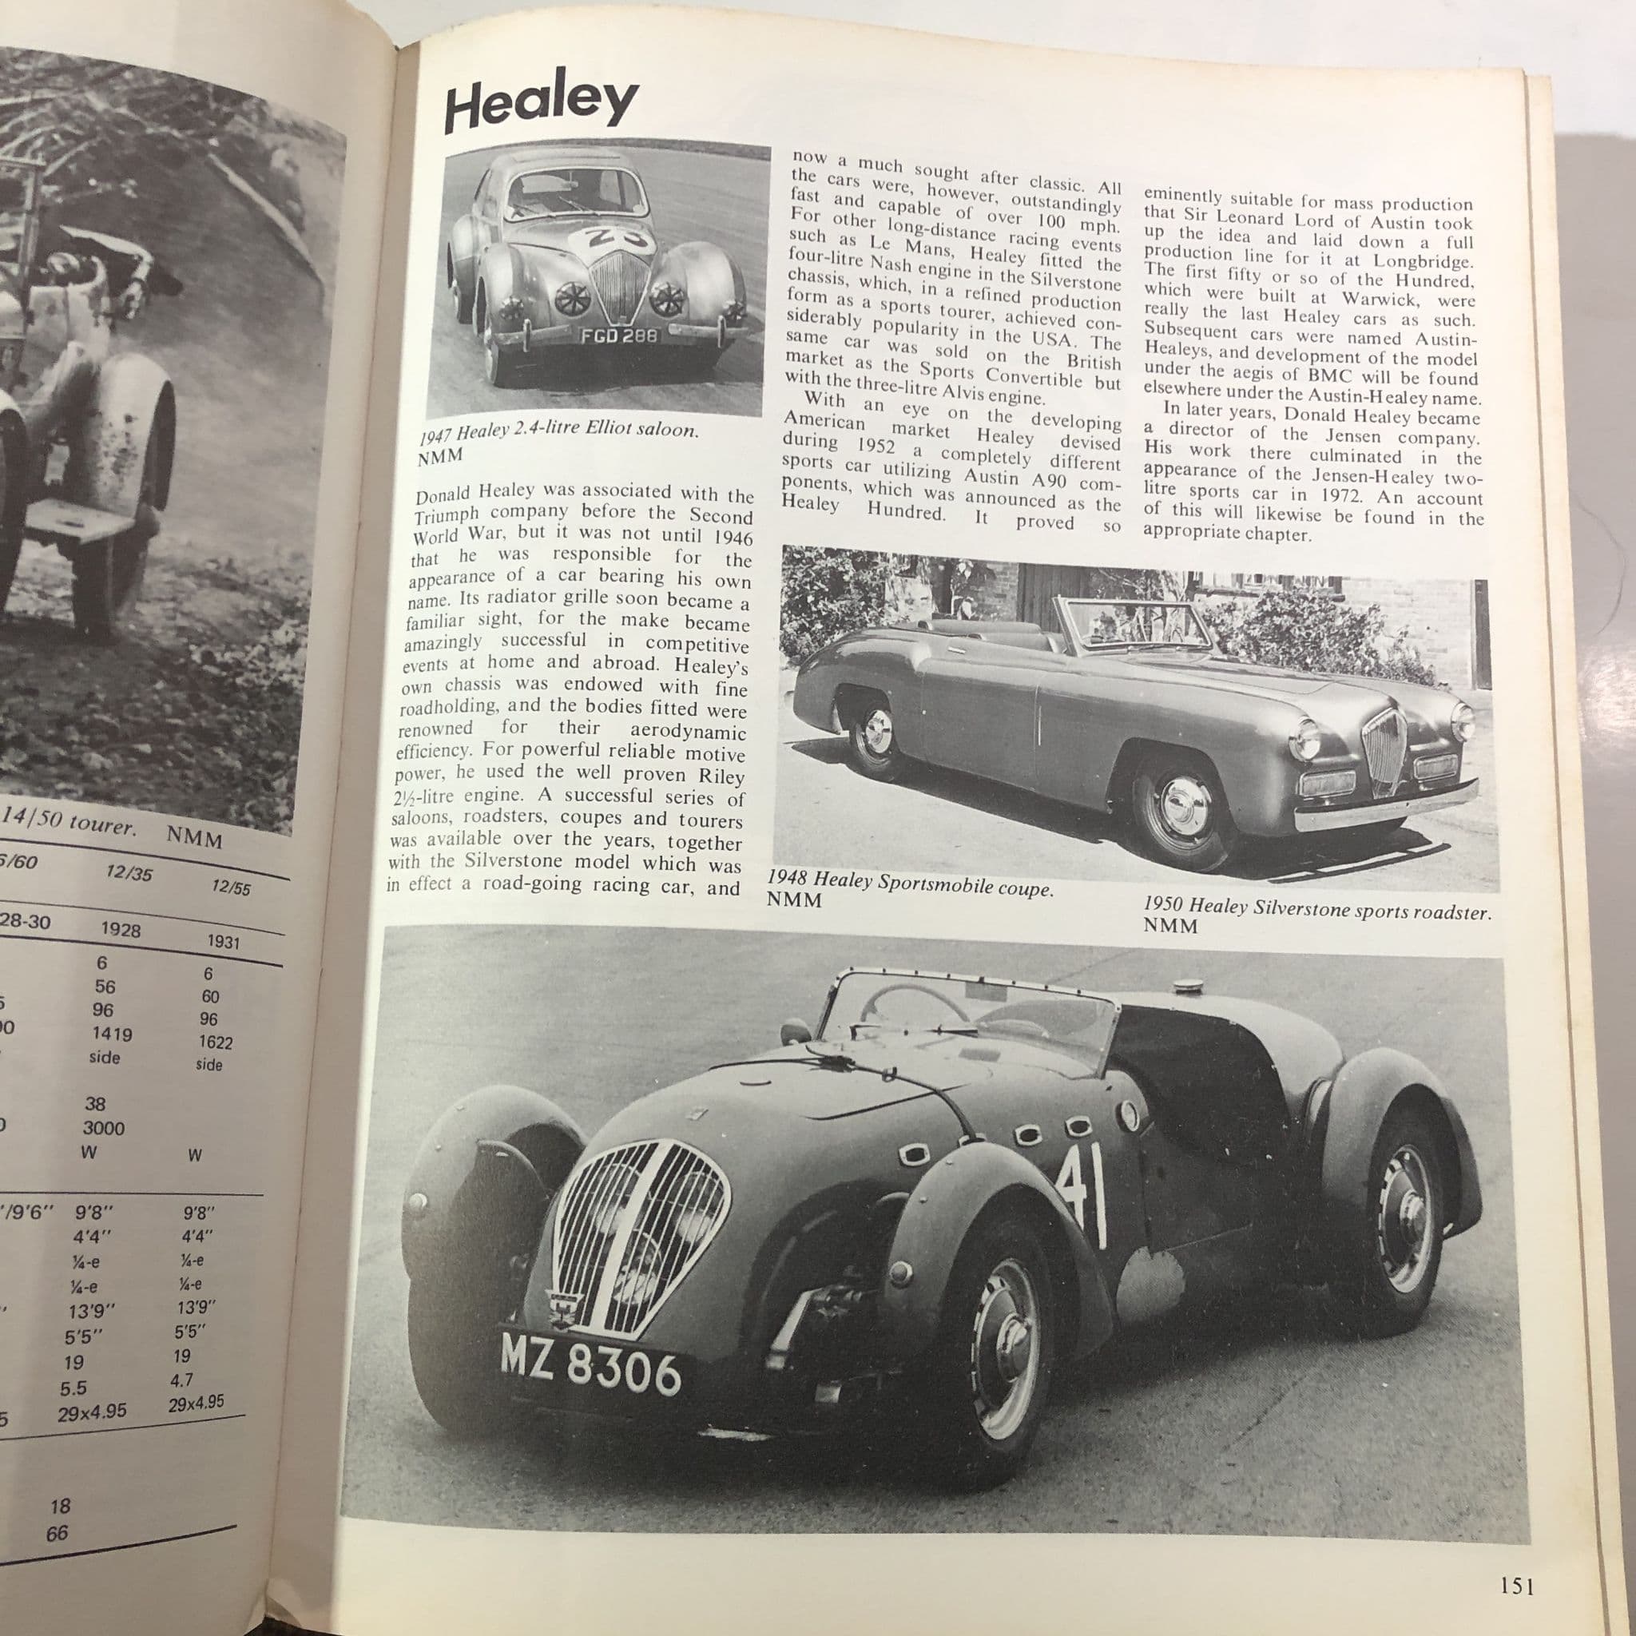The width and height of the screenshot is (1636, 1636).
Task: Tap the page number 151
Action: [1517, 1586]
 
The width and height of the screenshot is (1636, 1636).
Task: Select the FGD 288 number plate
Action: [618, 336]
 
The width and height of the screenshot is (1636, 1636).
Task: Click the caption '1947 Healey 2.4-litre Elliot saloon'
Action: [559, 432]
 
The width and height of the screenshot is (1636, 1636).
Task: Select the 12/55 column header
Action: [230, 888]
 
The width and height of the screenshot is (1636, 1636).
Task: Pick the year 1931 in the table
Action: [224, 942]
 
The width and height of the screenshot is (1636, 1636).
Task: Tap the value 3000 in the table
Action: [103, 1128]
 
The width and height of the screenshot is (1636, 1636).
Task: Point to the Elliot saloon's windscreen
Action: [575, 193]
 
